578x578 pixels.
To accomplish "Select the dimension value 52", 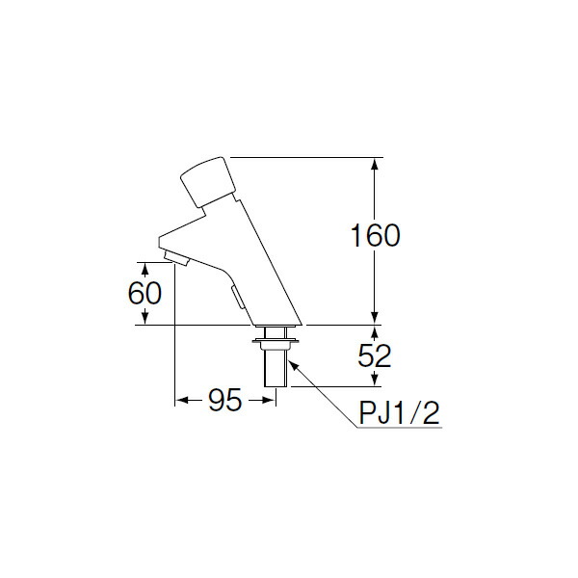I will (x=376, y=356).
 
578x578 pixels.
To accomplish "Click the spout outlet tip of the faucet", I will (x=173, y=257).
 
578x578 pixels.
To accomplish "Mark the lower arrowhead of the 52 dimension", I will (x=375, y=381).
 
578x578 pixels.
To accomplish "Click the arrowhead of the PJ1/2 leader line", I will (x=291, y=364).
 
